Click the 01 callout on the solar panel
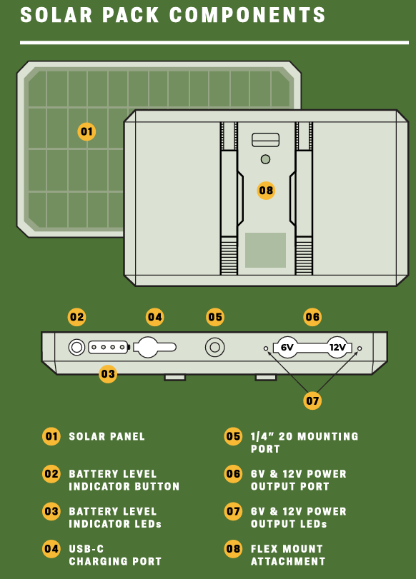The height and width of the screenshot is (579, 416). click(86, 131)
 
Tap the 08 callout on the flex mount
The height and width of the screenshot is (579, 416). click(266, 191)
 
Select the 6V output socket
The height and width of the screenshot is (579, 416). click(287, 347)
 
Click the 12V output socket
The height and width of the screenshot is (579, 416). click(337, 347)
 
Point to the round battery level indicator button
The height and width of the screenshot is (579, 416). click(76, 347)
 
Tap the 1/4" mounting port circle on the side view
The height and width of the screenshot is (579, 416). click(215, 347)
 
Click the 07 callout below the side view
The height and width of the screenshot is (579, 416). click(312, 401)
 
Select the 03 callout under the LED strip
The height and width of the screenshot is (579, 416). click(108, 374)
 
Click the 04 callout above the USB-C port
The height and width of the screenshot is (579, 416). click(154, 317)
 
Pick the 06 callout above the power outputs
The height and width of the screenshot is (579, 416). click(312, 317)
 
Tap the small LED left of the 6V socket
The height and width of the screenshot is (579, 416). click(265, 348)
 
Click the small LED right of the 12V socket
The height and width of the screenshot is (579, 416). click(360, 348)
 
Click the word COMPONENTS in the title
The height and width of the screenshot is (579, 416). click(247, 15)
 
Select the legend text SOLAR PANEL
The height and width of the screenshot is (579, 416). click(107, 436)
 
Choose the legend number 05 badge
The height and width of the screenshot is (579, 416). click(233, 436)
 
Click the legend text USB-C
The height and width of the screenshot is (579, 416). click(86, 549)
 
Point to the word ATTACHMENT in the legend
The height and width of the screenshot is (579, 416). click(288, 562)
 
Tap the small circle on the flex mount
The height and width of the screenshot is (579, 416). click(265, 159)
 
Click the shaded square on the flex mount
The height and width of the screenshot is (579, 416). click(265, 250)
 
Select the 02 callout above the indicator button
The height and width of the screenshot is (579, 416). click(77, 317)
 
